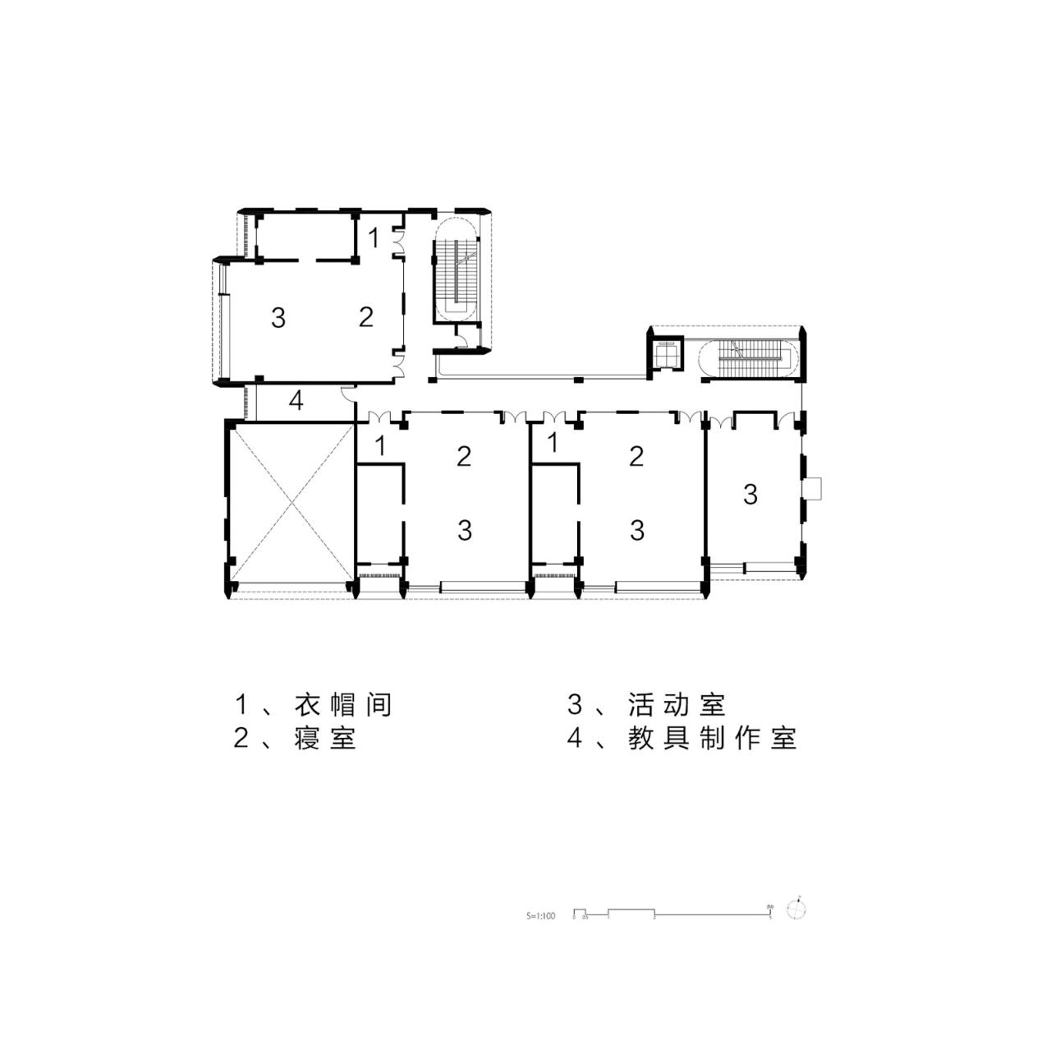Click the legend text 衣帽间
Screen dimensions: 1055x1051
click(x=343, y=705)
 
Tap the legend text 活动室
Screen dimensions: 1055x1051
click(x=677, y=705)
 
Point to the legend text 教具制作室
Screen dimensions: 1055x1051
click(x=713, y=738)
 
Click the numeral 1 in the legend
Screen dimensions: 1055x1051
click(x=241, y=705)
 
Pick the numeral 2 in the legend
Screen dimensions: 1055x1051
click(x=241, y=738)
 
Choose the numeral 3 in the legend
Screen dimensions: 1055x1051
click(x=575, y=705)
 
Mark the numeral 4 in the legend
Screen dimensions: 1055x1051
click(x=575, y=738)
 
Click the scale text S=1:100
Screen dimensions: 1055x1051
click(x=540, y=914)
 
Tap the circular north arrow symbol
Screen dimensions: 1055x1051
click(x=796, y=910)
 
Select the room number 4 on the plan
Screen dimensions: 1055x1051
click(x=296, y=401)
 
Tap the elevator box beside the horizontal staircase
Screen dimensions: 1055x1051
click(x=668, y=354)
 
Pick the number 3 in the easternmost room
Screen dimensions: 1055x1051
click(x=750, y=495)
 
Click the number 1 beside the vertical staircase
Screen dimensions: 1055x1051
click(x=374, y=238)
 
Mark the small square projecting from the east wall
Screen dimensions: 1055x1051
click(x=813, y=488)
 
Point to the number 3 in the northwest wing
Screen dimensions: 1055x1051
click(x=278, y=317)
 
